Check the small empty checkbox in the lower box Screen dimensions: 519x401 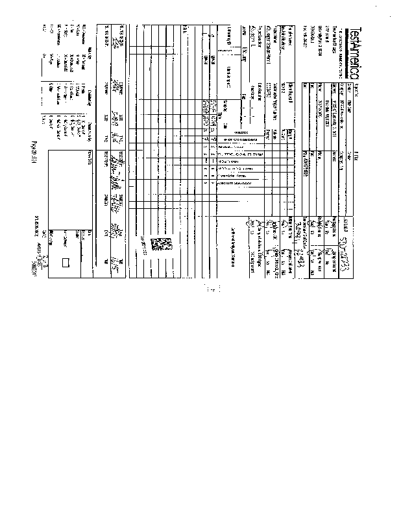(66, 263)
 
